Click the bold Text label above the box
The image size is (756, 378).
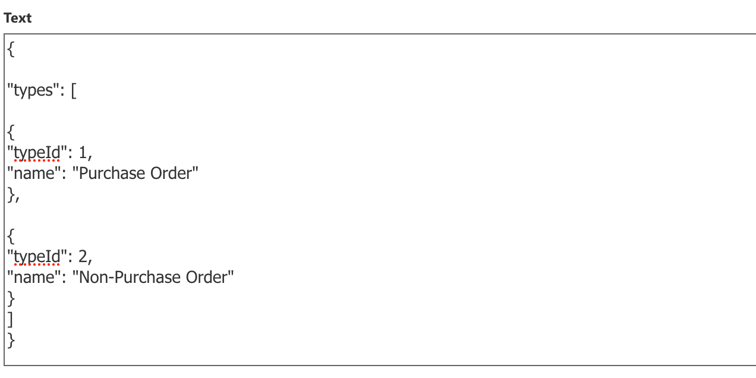(18, 18)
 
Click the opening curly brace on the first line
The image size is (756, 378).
(11, 49)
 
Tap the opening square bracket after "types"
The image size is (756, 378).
(74, 91)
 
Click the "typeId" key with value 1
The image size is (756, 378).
(37, 153)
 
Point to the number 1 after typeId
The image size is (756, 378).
(83, 153)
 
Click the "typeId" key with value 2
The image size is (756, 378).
(37, 257)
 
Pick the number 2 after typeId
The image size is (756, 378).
(83, 257)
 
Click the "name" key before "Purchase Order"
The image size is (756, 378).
(34, 174)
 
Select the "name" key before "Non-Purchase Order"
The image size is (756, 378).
(34, 278)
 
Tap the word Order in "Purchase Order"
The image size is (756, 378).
(171, 174)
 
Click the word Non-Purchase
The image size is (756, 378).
(130, 278)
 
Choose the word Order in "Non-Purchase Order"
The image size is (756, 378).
(207, 278)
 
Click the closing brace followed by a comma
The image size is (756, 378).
(14, 195)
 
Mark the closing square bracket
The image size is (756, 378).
(10, 319)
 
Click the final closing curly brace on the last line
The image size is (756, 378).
(11, 340)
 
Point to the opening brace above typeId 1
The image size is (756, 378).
(11, 132)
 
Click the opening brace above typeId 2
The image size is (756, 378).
(11, 236)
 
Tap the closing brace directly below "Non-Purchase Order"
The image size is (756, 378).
(11, 299)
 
